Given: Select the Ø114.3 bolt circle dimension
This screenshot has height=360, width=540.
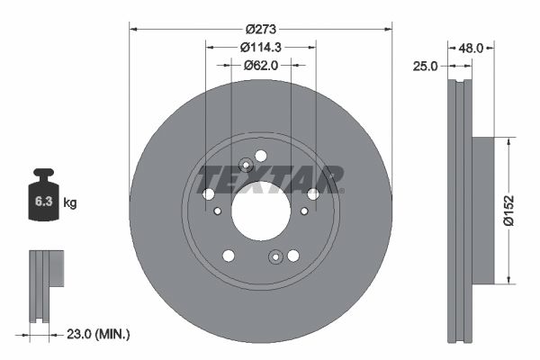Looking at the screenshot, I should (x=261, y=48).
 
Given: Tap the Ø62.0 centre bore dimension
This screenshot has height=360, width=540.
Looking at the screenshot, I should (x=261, y=65).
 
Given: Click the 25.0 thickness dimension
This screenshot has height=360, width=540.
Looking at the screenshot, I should (x=426, y=67).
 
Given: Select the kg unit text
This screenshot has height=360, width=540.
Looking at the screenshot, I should (x=70, y=203).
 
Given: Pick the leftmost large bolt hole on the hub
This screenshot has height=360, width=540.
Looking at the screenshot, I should (x=209, y=194).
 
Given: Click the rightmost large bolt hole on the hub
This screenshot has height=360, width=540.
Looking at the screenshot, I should (x=313, y=194).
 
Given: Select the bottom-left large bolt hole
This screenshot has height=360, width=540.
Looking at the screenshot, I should (x=229, y=256).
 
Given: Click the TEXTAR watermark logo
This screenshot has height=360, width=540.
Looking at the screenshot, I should (x=270, y=178).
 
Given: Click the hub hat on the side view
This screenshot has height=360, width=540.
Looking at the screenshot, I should (x=482, y=208).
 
